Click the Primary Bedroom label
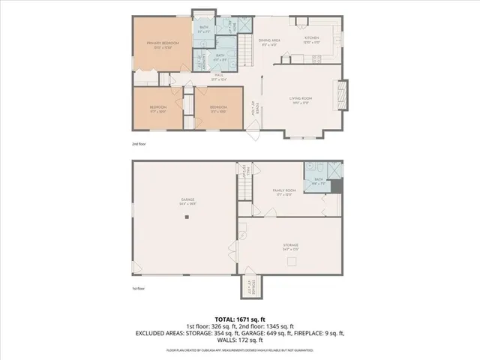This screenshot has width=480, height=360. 163,44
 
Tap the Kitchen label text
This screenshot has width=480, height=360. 311,38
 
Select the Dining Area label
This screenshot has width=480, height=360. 268,43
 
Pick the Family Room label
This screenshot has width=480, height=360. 283,192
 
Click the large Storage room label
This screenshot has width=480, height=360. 290,246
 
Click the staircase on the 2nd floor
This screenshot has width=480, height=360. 247,54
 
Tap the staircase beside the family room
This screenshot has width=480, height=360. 244,184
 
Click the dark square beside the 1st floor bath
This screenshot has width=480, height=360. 336,187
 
